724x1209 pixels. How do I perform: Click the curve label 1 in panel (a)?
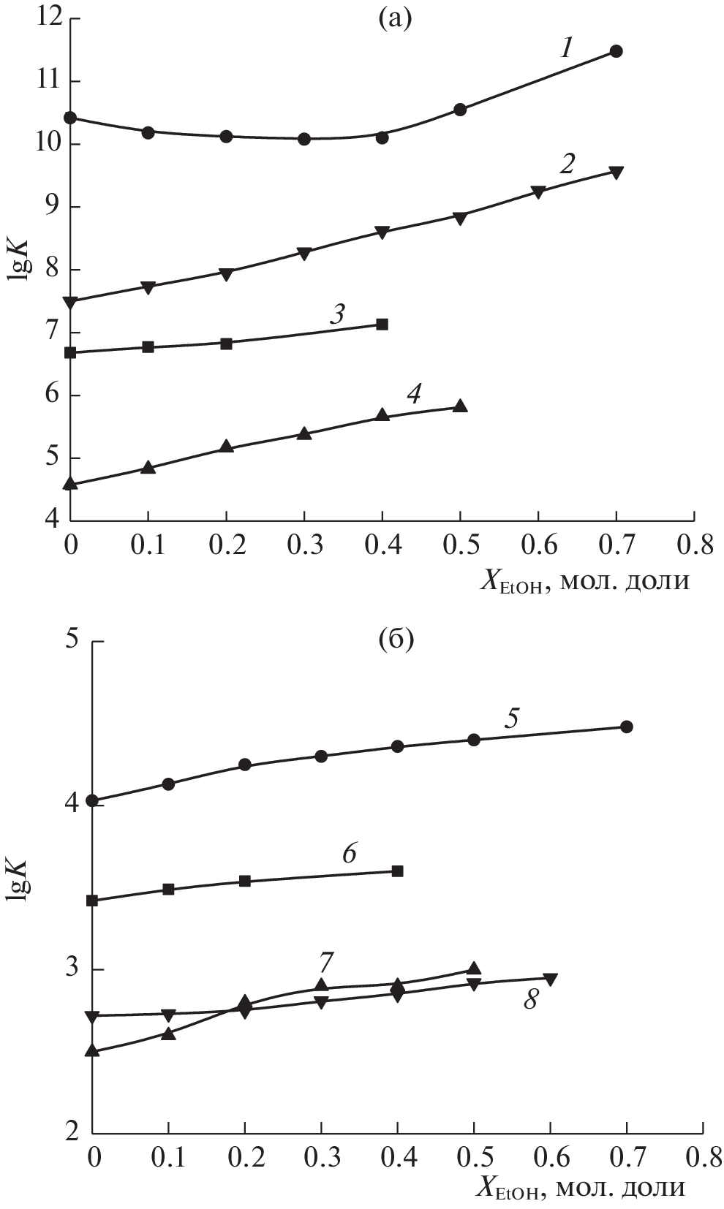[566, 50]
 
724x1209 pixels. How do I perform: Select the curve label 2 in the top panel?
[566, 163]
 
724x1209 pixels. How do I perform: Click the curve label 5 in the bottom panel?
[511, 717]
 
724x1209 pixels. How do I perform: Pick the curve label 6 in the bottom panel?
[349, 852]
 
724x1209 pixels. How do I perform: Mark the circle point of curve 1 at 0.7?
[616, 51]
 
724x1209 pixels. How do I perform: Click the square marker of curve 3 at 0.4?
[382, 324]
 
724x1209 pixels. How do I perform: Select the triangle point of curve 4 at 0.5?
[460, 406]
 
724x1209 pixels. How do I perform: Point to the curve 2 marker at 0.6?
[538, 192]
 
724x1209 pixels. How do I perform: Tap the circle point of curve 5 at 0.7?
[626, 727]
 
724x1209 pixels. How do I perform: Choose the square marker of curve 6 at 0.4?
[398, 871]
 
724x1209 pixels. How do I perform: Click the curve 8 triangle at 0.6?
[550, 979]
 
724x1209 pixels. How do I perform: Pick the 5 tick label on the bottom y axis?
[71, 640]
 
